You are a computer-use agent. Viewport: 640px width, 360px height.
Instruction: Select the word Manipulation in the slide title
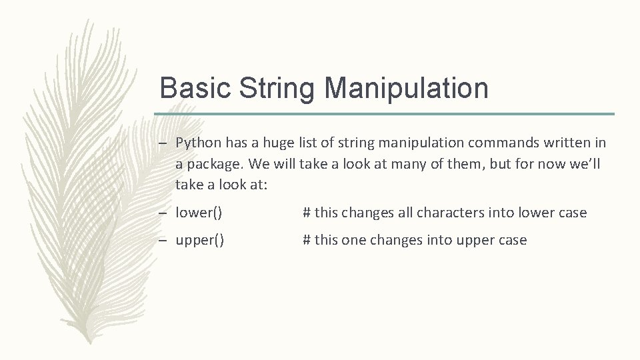click(406, 88)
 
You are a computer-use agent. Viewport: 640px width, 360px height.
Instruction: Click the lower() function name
click(199, 213)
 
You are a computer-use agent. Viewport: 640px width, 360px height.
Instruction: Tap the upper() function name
click(200, 240)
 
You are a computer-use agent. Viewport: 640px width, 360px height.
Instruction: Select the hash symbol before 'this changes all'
click(307, 213)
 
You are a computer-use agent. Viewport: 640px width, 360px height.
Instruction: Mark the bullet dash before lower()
click(164, 213)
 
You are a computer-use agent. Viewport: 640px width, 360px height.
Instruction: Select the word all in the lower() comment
click(405, 213)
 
